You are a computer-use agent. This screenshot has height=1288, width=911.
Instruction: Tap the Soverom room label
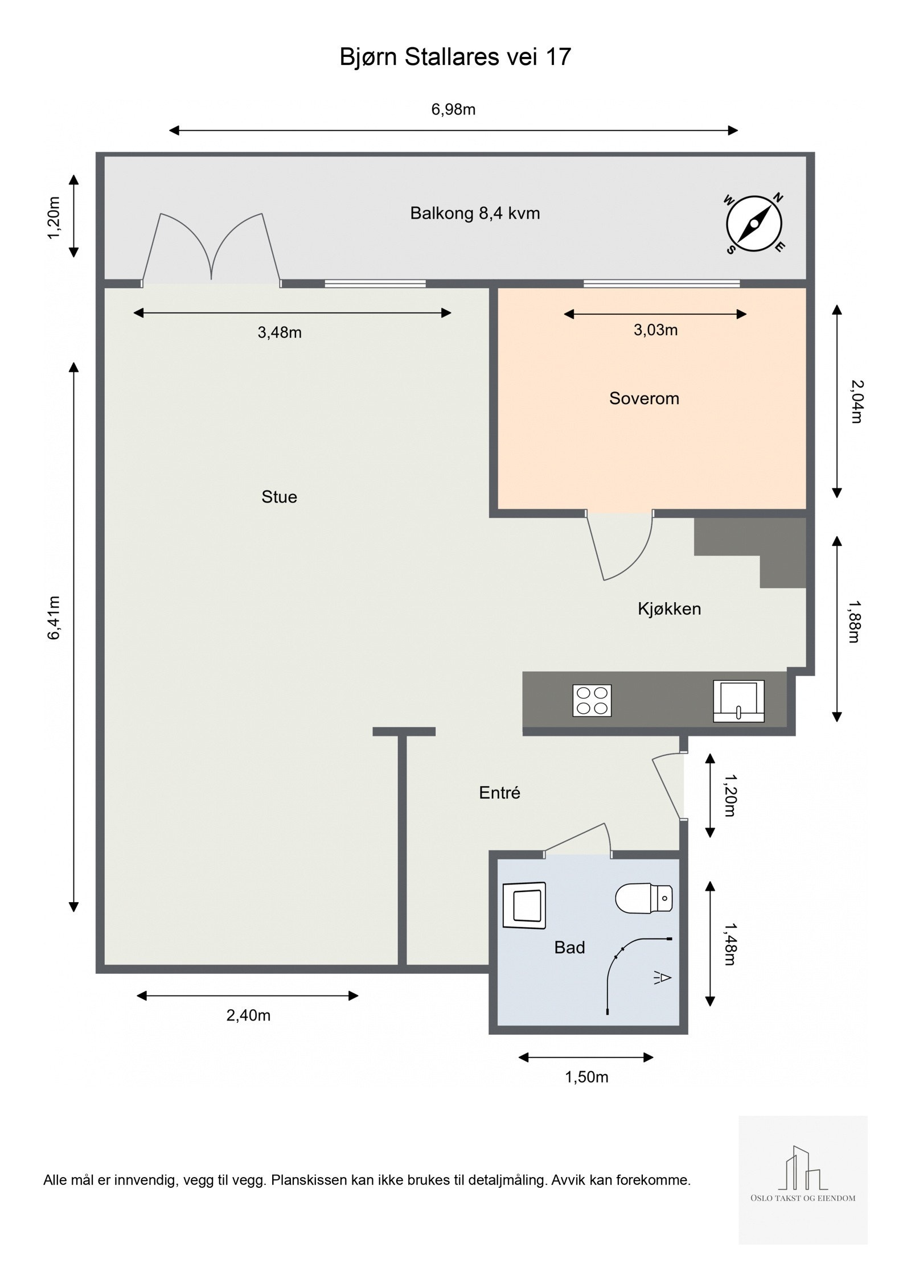click(x=644, y=398)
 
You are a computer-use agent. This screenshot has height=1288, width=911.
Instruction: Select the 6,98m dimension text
click(x=453, y=109)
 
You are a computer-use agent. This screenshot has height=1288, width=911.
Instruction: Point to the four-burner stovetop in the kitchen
click(x=592, y=700)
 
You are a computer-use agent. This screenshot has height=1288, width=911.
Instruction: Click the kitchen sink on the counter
click(x=738, y=701)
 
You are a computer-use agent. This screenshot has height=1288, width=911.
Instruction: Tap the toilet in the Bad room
click(x=644, y=898)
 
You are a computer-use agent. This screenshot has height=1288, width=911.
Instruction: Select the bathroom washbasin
click(x=524, y=905)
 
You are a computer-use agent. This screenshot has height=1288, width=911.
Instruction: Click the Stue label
click(x=279, y=497)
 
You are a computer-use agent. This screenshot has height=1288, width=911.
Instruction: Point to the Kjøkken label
click(x=669, y=609)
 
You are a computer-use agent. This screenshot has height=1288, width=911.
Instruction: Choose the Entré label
click(x=499, y=793)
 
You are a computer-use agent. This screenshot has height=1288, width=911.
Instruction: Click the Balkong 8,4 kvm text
click(x=475, y=213)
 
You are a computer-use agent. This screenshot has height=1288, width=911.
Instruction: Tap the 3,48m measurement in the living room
click(x=280, y=332)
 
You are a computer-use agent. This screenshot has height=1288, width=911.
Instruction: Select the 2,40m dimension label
click(x=248, y=1015)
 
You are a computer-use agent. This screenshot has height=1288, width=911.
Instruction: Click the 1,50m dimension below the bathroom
click(x=586, y=1077)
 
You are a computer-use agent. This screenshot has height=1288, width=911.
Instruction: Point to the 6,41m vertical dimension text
click(x=54, y=618)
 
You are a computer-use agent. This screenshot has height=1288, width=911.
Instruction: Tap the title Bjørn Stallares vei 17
click(x=455, y=57)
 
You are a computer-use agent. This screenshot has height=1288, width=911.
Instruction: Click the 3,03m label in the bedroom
click(x=655, y=330)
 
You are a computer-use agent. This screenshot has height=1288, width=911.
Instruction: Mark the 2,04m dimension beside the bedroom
click(x=856, y=401)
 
